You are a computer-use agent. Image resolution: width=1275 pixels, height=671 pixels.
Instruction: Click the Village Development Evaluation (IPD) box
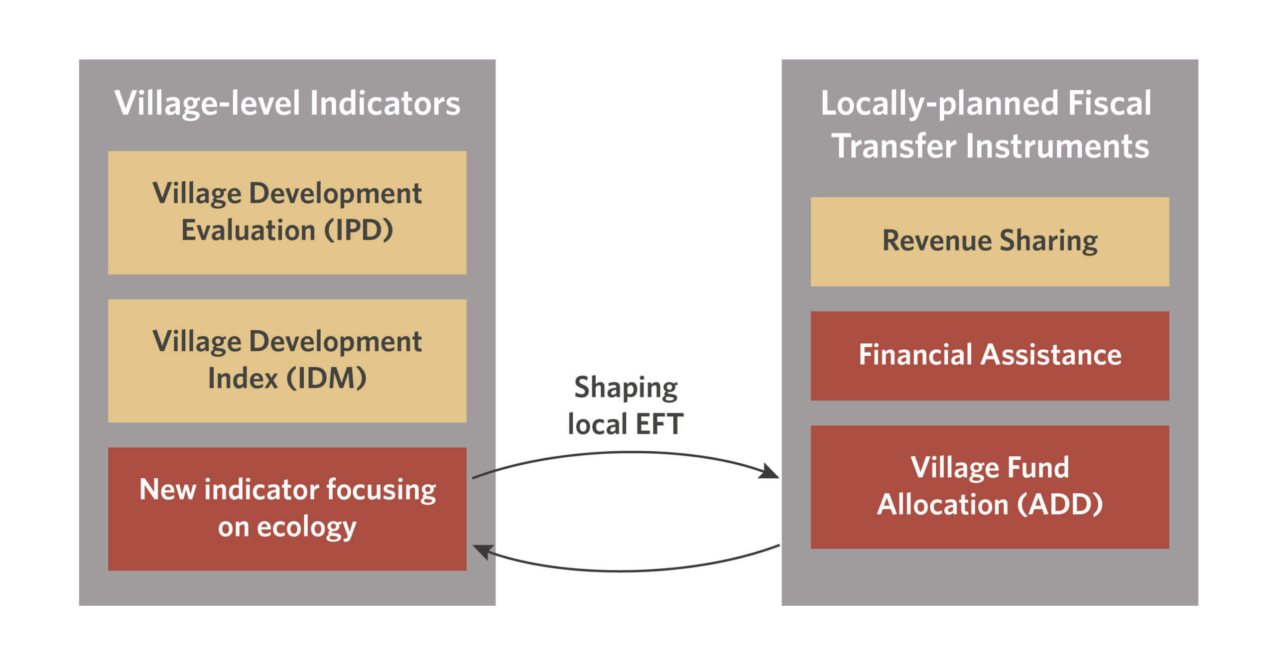coord(287,213)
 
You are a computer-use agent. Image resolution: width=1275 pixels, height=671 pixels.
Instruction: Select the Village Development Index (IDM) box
coord(287,361)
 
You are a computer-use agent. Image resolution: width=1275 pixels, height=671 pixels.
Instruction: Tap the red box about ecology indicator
coord(287,509)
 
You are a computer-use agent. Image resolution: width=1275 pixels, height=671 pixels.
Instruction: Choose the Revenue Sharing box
coord(990,242)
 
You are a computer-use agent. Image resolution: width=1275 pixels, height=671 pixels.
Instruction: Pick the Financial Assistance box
coord(990,356)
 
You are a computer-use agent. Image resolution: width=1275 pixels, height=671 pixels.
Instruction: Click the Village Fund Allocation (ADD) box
coord(990,487)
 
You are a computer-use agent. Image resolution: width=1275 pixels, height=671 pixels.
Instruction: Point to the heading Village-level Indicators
coord(287,104)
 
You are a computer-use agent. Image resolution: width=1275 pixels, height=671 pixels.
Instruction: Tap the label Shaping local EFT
coord(626,405)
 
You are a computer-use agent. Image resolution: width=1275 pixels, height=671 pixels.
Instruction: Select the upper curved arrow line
coord(626,452)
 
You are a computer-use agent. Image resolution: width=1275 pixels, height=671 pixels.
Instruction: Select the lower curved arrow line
coord(626,571)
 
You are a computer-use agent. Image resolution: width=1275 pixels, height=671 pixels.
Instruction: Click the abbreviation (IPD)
coord(359,230)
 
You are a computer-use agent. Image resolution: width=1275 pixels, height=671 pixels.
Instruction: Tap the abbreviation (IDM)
coord(326,378)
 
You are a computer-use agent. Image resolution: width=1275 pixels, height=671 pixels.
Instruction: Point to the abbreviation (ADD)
coord(1060,504)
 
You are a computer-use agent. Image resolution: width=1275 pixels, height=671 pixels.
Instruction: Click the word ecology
coord(306,528)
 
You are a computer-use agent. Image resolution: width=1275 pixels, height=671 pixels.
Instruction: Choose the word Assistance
coord(1051,355)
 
